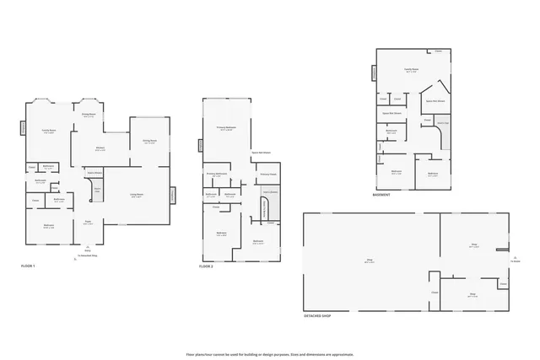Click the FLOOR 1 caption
click(28, 266)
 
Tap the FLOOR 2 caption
click(206, 266)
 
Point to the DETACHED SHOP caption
click(317, 315)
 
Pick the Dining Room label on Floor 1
click(149, 142)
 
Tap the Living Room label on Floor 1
click(136, 196)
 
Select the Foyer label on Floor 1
click(89, 223)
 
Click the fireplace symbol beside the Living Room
click(173, 194)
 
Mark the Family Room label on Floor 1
click(49, 132)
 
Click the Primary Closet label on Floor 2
click(267, 174)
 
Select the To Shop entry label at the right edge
click(515, 260)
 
